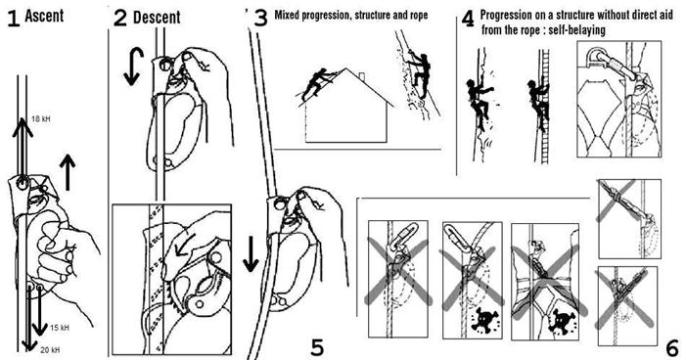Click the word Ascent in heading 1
44,16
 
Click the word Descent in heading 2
157,18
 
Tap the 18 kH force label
41,118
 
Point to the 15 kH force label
59,328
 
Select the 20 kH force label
50,350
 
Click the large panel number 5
317,347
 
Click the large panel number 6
672,348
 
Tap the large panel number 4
468,20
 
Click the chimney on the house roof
361,77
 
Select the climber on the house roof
318,82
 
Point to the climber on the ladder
538,103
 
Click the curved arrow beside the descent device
133,67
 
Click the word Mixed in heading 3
286,15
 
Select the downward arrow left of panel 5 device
251,253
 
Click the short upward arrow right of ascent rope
67,172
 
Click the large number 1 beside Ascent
13,19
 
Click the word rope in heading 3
418,16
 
